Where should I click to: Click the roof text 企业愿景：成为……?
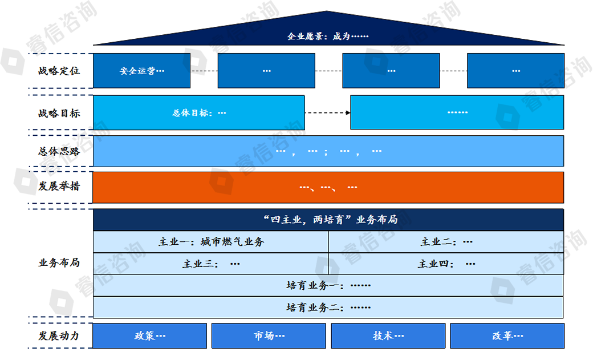[x=328, y=37]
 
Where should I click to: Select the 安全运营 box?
[x=141, y=71]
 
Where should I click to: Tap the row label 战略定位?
[x=59, y=71]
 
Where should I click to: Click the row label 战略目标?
[x=59, y=113]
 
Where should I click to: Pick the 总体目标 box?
[x=198, y=112]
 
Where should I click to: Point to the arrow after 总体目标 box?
[x=327, y=112]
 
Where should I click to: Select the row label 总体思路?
[x=59, y=152]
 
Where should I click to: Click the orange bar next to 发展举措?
[x=328, y=187]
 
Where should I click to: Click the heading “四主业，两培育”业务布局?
[x=328, y=220]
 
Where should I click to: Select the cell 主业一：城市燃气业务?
[x=211, y=242]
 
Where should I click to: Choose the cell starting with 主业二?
[x=446, y=242]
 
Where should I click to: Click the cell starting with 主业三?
[x=211, y=264]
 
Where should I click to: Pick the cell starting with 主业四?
[x=446, y=264]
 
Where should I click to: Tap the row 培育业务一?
[x=328, y=285]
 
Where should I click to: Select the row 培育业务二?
[x=328, y=308]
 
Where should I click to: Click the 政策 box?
[x=149, y=336]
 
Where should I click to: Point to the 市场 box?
[x=269, y=336]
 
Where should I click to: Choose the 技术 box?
[x=388, y=336]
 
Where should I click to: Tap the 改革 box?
[x=507, y=336]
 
